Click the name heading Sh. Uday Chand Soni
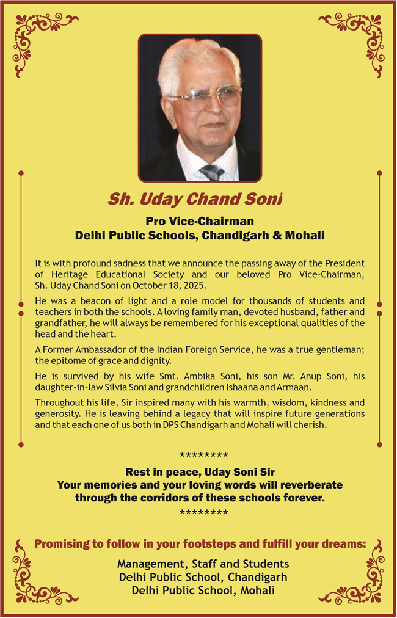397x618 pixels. tap(195, 199)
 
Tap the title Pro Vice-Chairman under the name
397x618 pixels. tap(200, 221)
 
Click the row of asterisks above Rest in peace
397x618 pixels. tap(204, 456)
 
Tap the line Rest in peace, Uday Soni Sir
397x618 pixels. tap(200, 472)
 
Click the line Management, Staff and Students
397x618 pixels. tap(203, 564)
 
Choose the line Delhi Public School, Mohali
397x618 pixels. tap(203, 591)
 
